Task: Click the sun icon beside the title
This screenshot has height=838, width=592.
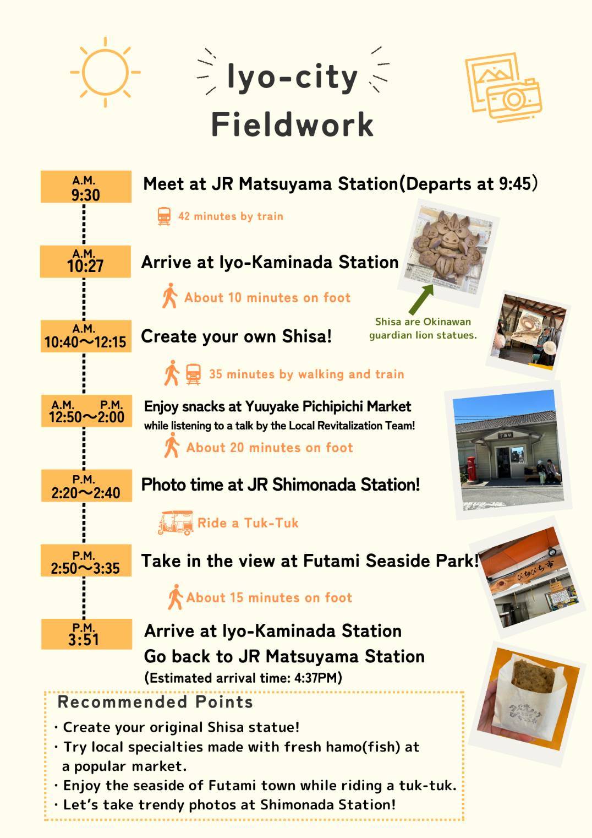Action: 105,72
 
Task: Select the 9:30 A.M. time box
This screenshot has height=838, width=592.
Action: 86,187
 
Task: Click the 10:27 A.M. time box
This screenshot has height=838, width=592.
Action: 86,262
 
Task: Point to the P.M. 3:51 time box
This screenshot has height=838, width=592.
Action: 86,634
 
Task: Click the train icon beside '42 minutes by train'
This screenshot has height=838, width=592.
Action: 164,216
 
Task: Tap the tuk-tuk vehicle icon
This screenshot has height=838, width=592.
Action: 176,523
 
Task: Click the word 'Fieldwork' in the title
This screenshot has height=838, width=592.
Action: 292,124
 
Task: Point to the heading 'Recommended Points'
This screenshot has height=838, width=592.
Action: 155,702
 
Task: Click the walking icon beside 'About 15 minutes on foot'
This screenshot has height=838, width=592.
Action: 175,597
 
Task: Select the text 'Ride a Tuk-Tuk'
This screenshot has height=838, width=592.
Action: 248,523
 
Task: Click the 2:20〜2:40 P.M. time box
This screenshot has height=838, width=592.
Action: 86,486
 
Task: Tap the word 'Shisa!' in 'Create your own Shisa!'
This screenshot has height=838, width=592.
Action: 307,336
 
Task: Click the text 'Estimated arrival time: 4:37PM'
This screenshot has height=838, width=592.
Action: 243,678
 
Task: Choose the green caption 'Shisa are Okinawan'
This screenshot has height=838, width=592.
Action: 423,322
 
